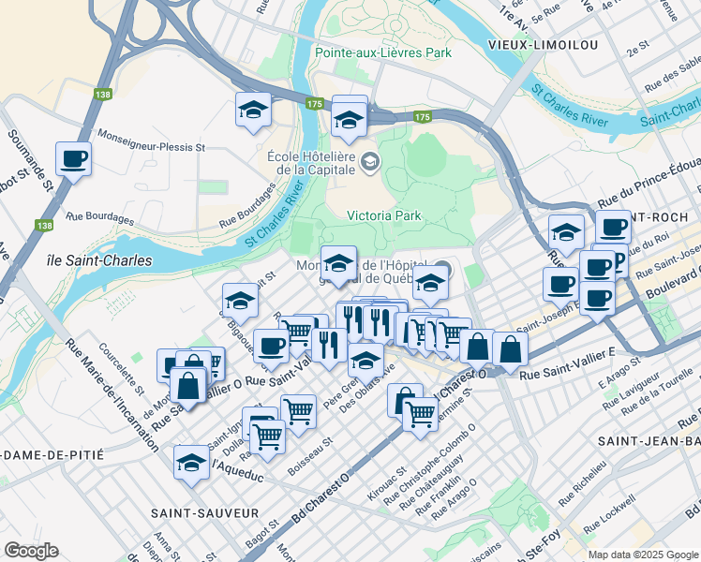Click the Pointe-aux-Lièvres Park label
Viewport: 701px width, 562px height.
(x=383, y=52)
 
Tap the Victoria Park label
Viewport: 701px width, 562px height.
(x=384, y=215)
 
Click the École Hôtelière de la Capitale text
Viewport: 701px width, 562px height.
(x=311, y=163)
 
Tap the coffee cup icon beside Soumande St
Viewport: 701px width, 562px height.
(x=73, y=158)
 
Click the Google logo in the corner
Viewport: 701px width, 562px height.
(x=31, y=551)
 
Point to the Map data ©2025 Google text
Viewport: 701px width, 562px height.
(x=642, y=555)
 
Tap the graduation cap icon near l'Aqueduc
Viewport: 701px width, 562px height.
(x=192, y=462)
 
